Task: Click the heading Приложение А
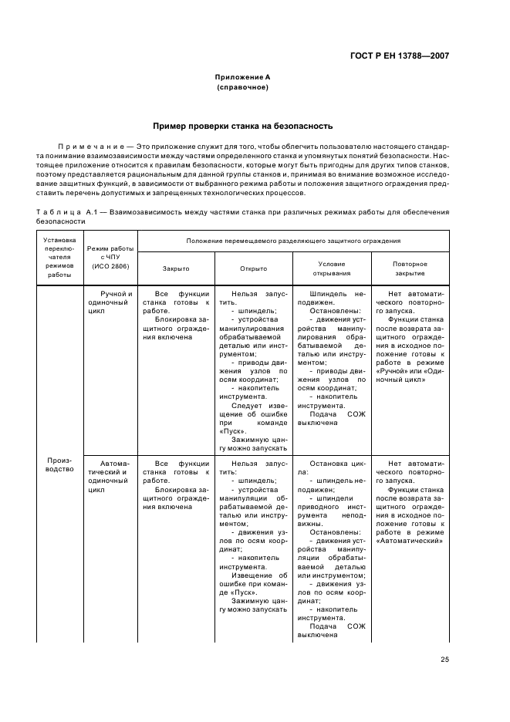(x=242, y=77)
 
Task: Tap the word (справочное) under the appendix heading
(x=242, y=87)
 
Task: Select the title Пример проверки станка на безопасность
(x=242, y=125)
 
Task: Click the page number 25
(x=444, y=659)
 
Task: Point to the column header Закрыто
(x=175, y=268)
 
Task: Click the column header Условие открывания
(x=332, y=268)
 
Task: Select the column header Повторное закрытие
(x=410, y=268)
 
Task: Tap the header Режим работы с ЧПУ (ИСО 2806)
(x=111, y=258)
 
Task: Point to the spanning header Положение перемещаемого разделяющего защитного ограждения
(x=292, y=241)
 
